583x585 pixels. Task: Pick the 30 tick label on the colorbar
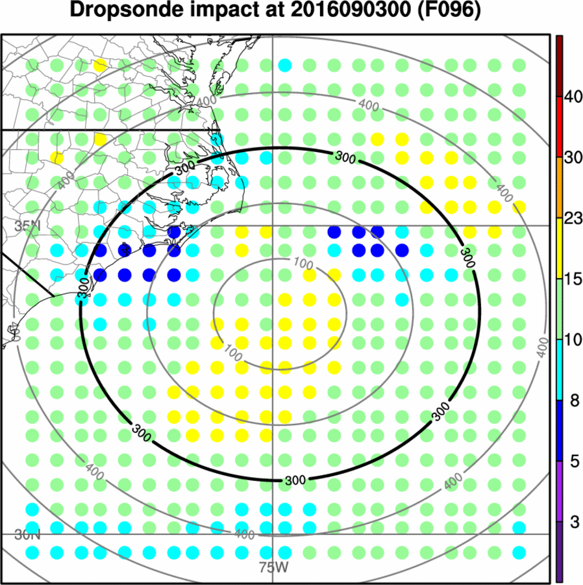tap(572, 158)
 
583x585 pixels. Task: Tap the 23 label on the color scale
tap(572, 219)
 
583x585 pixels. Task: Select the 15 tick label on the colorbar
tap(572, 279)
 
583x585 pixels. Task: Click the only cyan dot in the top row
tap(284, 65)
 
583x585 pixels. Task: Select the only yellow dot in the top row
tap(99, 65)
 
